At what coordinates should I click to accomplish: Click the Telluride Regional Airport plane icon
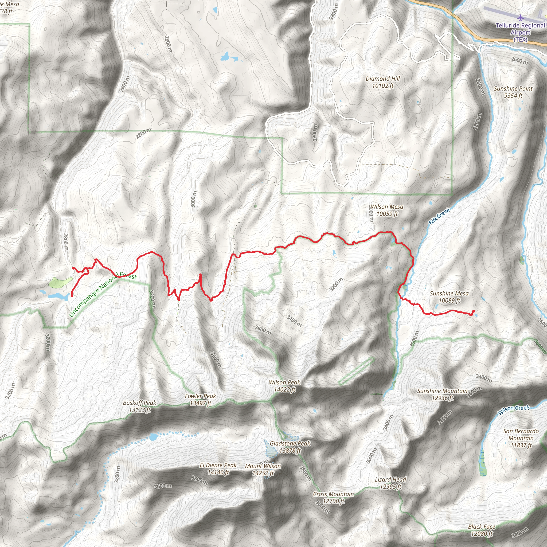520,18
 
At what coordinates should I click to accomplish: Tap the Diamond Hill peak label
382,82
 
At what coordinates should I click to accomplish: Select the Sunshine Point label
513,92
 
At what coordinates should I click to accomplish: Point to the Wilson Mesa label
387,210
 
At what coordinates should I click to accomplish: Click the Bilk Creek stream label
439,216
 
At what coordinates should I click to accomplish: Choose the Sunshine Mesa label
449,297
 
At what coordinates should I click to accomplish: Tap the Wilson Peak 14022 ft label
284,386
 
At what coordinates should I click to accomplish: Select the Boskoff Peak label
140,406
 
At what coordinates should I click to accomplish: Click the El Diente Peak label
218,468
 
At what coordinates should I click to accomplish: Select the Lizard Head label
390,483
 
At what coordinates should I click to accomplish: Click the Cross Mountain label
333,497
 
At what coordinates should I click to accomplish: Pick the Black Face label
482,530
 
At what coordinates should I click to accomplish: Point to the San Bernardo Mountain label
521,438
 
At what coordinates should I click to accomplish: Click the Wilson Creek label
513,410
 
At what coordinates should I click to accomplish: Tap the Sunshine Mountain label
442,394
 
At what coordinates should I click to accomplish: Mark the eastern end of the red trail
474,311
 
